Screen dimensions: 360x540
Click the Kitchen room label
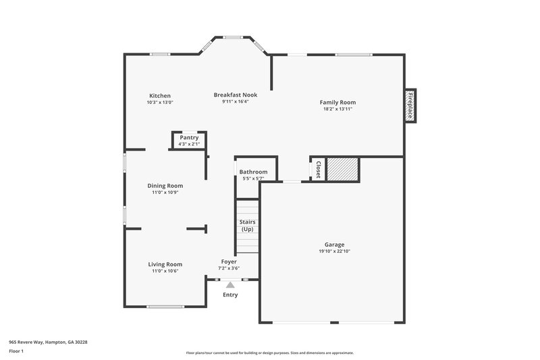(160, 96)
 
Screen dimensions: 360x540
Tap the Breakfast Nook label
(236, 95)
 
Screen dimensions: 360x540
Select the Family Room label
(337, 102)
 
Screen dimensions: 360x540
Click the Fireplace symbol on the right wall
(410, 106)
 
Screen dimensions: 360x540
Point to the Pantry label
(189, 138)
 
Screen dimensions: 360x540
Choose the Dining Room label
(165, 186)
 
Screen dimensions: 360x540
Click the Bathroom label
(253, 172)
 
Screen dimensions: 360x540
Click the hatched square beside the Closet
(342, 169)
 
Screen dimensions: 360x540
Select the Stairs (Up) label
(247, 225)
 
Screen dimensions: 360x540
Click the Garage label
(335, 245)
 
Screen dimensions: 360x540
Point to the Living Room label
(165, 264)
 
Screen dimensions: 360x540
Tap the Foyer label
(229, 261)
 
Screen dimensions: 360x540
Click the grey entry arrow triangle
(230, 285)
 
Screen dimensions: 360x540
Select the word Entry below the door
(230, 294)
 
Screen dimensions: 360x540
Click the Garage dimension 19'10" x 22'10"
(335, 251)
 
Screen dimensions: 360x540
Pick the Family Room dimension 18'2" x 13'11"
(337, 109)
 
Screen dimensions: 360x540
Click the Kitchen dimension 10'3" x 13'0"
(160, 103)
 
